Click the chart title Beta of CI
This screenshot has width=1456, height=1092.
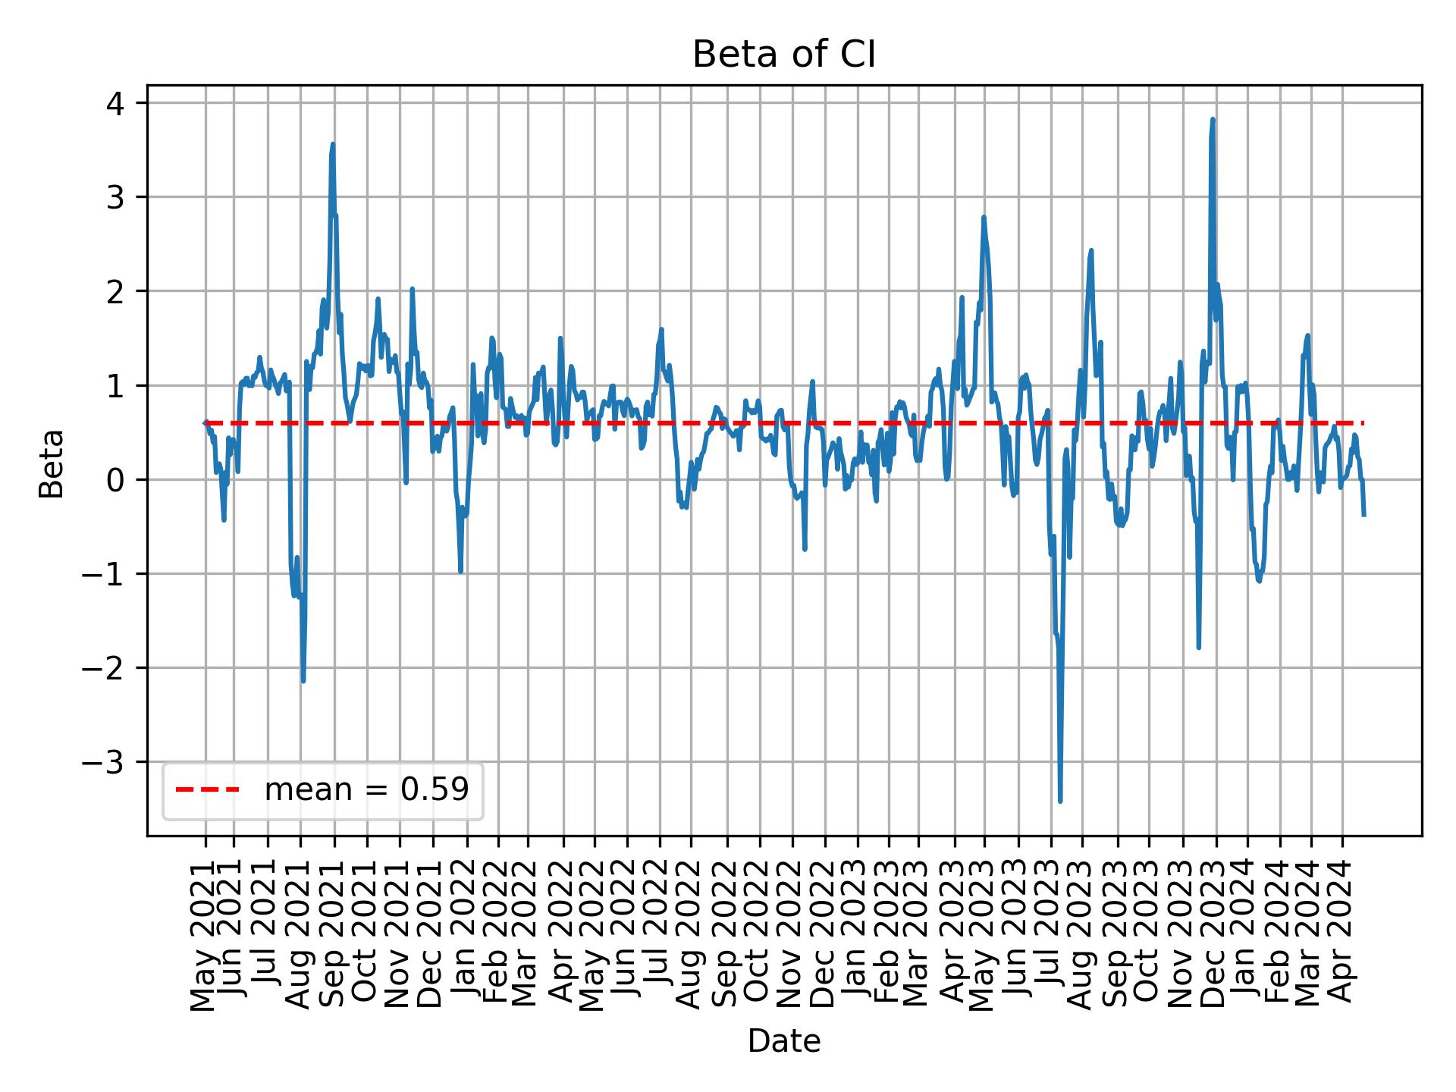tap(784, 55)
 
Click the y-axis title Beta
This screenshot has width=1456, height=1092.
tap(52, 463)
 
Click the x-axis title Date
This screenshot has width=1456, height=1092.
tap(784, 1041)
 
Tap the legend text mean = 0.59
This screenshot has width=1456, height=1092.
tap(366, 790)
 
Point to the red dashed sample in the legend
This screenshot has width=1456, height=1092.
tap(207, 790)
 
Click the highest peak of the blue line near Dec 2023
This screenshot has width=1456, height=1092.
tap(1213, 119)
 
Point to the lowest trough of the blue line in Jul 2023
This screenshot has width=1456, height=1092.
tap(1060, 801)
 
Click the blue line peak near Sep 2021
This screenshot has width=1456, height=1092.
tap(333, 144)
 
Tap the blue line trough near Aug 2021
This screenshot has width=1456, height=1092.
tap(303, 681)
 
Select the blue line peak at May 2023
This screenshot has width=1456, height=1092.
tap(984, 217)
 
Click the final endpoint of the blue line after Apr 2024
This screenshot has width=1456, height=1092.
tap(1364, 516)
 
